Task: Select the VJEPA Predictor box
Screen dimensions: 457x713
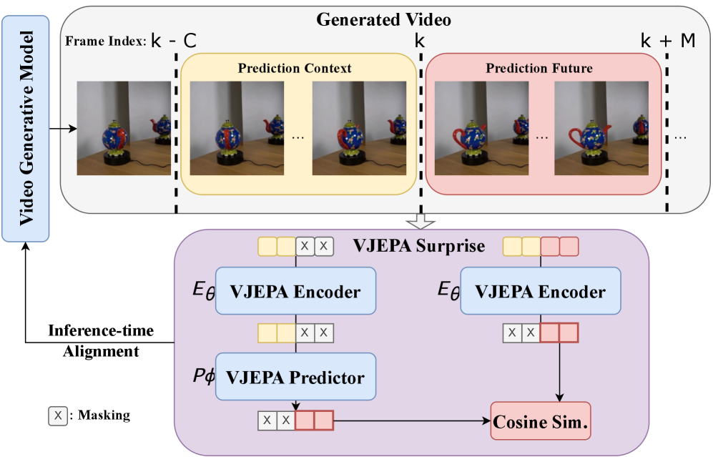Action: click(x=295, y=377)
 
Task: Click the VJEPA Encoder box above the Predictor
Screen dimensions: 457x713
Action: click(x=295, y=292)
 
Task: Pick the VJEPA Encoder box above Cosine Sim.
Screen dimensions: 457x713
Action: click(x=541, y=292)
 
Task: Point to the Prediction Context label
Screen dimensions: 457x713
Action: click(x=295, y=69)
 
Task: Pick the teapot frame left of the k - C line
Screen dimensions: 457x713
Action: click(x=124, y=128)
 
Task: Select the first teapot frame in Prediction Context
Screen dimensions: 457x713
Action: click(x=237, y=128)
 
